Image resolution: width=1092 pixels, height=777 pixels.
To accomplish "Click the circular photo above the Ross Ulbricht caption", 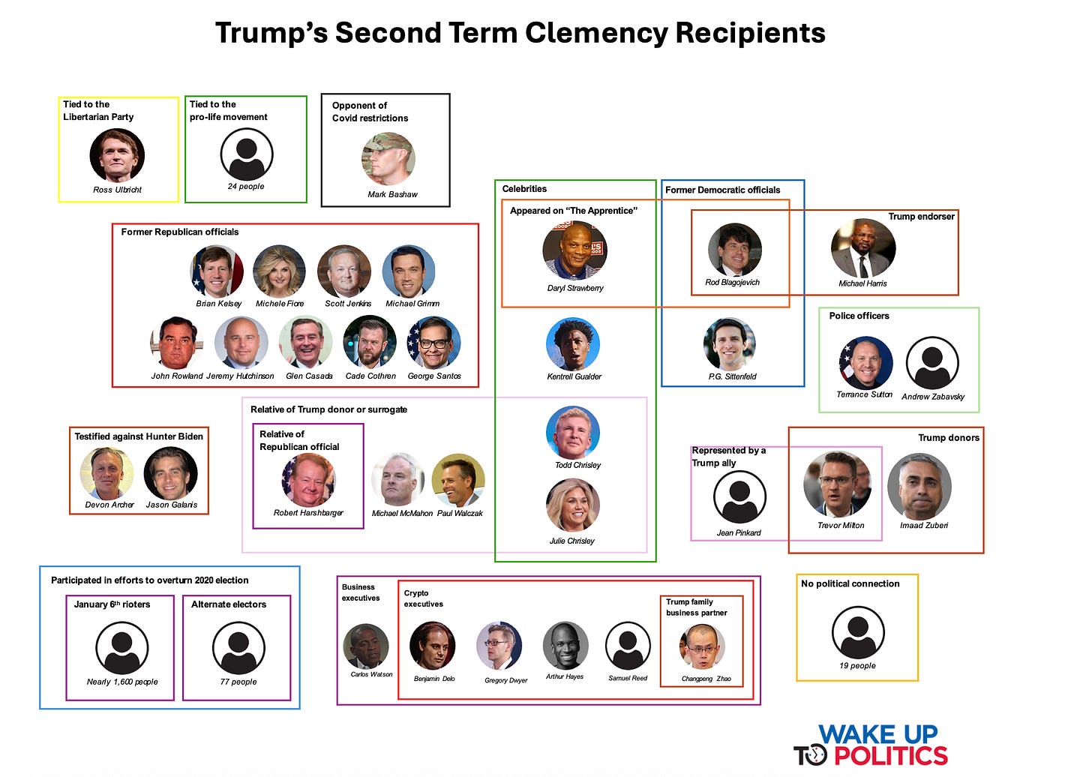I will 117,155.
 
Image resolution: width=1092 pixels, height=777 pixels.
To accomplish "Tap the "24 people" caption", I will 246,187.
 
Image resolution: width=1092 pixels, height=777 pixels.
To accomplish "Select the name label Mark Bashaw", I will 392,194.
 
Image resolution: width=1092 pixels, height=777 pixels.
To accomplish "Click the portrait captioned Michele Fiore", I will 280,271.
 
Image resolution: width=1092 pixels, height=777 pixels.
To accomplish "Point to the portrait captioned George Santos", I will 434,343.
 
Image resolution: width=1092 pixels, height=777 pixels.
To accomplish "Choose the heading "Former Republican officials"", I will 180,232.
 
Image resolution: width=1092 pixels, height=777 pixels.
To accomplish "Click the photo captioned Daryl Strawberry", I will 574,250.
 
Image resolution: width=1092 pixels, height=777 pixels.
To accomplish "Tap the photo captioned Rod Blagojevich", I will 734,250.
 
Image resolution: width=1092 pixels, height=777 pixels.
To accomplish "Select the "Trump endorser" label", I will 921,217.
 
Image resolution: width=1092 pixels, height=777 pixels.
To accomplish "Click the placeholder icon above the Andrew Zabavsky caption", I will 932,363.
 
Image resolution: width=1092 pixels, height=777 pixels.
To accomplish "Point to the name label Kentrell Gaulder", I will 574,376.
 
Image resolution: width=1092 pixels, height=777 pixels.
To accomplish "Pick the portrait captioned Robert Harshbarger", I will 308,480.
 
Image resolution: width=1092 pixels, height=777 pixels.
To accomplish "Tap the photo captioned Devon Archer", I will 107,473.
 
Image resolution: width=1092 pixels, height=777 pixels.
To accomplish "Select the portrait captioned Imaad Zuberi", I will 919,486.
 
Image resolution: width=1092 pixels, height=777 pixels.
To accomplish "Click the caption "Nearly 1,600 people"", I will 122,682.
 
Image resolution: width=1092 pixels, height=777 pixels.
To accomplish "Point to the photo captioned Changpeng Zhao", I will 703,646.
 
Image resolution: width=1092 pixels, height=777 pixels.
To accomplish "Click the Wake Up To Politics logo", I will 871,745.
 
